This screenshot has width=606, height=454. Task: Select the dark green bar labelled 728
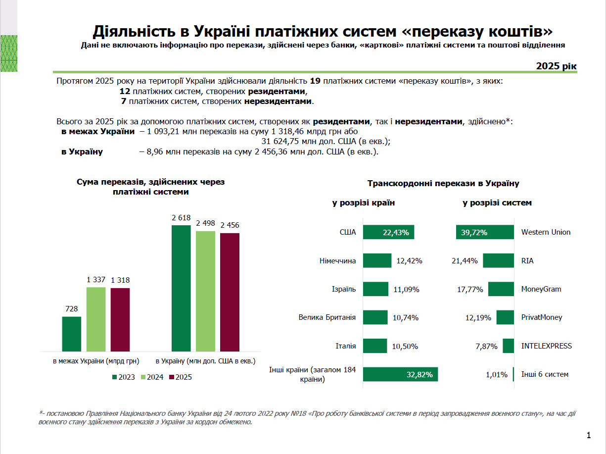tap(72, 334)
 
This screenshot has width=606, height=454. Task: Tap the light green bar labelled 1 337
tap(96, 319)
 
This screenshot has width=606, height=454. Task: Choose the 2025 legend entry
tap(181, 377)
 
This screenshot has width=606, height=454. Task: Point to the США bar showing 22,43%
tap(388, 232)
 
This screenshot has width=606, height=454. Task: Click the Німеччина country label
tap(337, 260)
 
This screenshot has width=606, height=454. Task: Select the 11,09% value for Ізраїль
tap(406, 289)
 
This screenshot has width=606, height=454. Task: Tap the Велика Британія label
tap(327, 317)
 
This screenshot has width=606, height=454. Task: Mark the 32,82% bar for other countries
tap(400, 374)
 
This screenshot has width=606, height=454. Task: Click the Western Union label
tap(546, 232)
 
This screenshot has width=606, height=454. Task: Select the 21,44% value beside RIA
tap(465, 261)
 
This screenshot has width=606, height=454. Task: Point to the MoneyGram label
tap(541, 289)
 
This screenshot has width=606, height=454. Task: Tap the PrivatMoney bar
tap(505, 317)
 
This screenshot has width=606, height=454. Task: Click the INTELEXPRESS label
tap(546, 346)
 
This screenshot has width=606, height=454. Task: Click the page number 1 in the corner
tap(589, 436)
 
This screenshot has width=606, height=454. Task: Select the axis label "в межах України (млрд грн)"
tap(96, 361)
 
